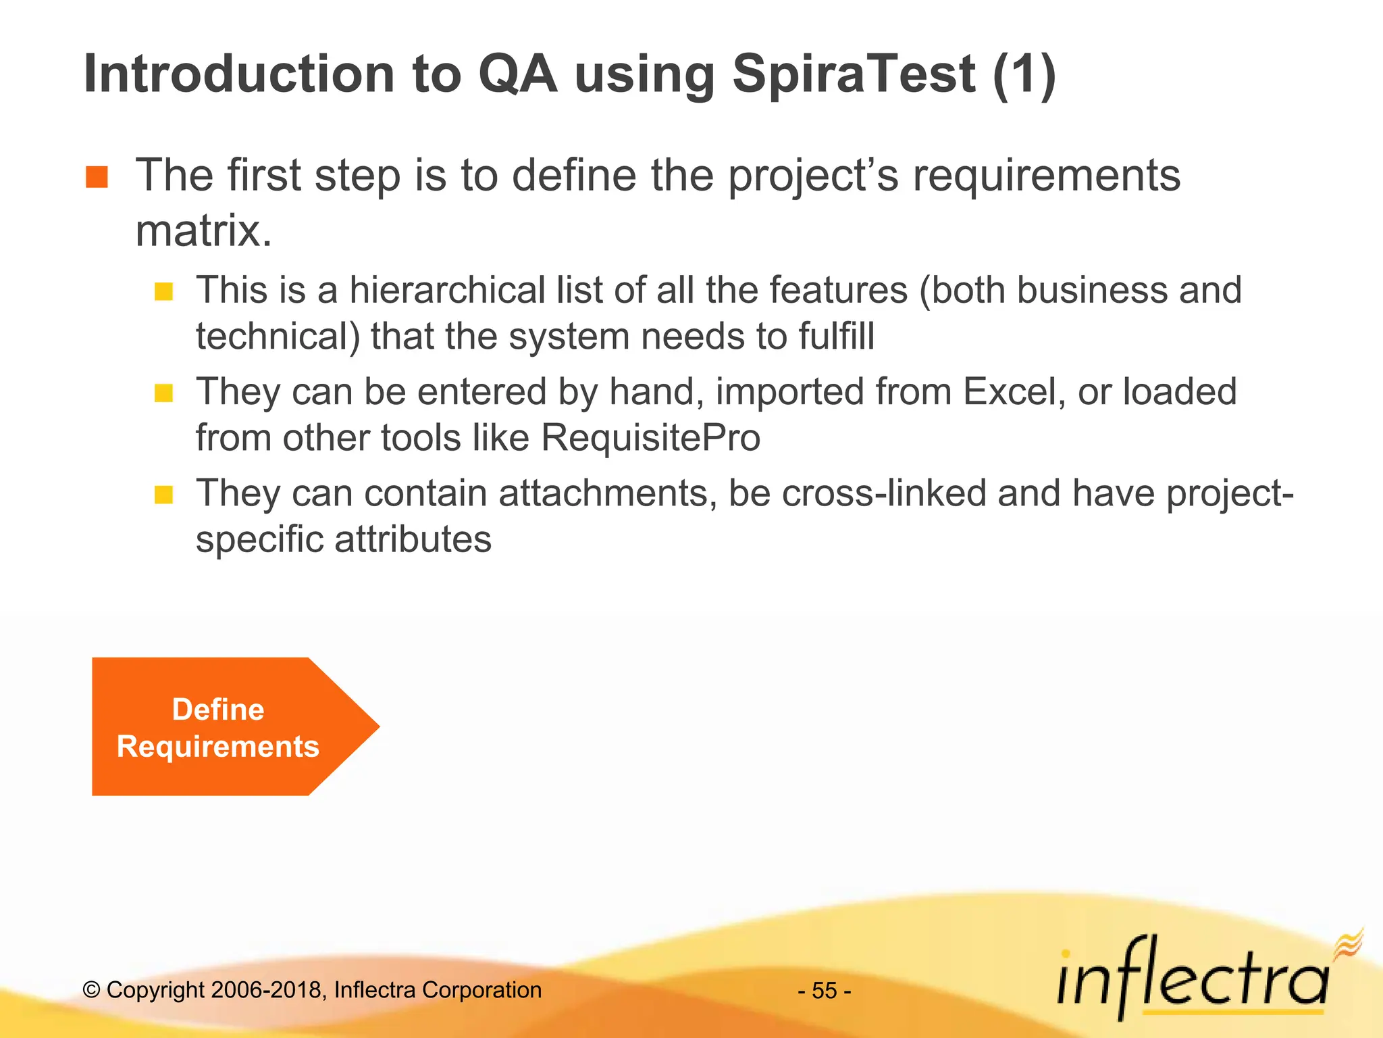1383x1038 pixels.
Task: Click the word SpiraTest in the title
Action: [854, 74]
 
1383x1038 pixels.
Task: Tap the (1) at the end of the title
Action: [1024, 74]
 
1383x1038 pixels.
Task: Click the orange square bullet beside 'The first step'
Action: [97, 177]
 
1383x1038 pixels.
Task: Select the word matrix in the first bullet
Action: [203, 231]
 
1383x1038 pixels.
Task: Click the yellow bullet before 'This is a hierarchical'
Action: [163, 291]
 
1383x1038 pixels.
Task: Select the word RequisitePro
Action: [651, 438]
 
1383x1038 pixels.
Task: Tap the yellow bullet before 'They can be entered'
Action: [163, 393]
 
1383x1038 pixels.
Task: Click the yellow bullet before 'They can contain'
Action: [163, 495]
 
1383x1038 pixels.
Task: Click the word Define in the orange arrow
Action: [217, 710]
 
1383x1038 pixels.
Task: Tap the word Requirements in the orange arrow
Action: [217, 747]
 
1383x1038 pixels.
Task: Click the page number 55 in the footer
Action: [824, 991]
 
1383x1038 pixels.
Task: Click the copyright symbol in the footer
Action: [91, 990]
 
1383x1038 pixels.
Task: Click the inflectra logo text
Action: [1192, 980]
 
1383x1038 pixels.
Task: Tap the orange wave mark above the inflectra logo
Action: [1348, 943]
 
